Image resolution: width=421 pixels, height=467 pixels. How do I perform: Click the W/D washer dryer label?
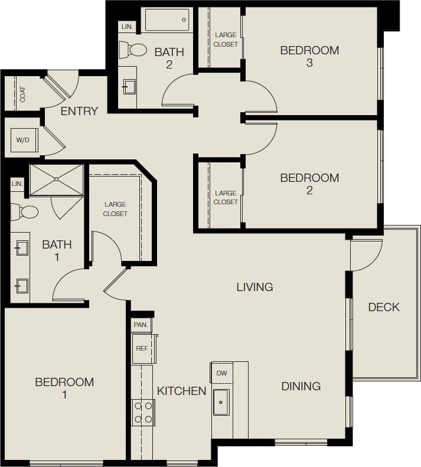click(22, 140)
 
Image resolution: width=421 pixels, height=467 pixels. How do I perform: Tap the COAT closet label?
click(22, 94)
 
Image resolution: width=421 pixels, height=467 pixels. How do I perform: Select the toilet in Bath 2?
click(133, 50)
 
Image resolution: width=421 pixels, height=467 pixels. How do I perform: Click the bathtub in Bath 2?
click(167, 19)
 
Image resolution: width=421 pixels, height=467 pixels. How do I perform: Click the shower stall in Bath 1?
click(57, 179)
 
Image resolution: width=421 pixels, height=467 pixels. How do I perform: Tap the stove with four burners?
click(142, 412)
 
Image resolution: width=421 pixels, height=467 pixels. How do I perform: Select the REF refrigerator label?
click(142, 348)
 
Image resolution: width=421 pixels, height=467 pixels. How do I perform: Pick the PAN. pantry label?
click(141, 325)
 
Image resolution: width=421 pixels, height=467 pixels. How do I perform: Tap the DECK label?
click(384, 307)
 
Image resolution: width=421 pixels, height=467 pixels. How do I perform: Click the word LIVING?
click(254, 287)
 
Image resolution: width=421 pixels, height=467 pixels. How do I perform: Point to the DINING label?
click(301, 386)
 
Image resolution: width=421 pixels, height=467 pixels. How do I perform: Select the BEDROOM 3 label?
click(309, 57)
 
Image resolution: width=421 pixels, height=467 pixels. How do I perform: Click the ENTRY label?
click(79, 111)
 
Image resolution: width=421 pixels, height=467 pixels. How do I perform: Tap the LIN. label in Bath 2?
click(127, 27)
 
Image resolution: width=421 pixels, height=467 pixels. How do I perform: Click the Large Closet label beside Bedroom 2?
click(226, 197)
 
